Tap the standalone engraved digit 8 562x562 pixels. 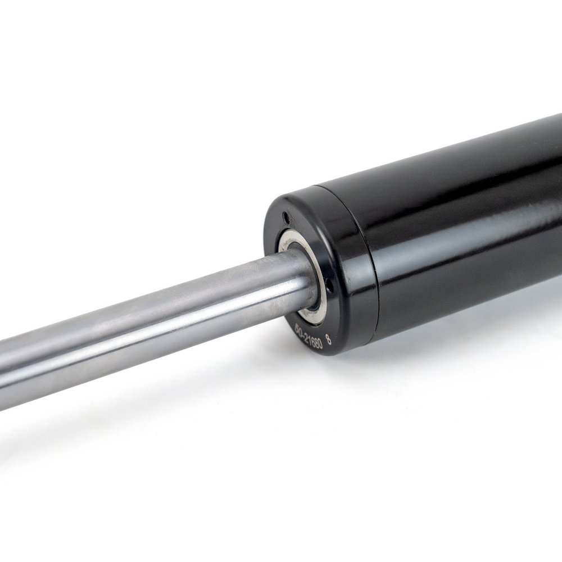click(x=329, y=339)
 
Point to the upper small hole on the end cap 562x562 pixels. click(x=286, y=216)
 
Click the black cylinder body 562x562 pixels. click(x=466, y=225)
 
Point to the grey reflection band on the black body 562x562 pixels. click(x=478, y=236)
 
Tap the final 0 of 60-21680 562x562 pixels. click(x=320, y=343)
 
